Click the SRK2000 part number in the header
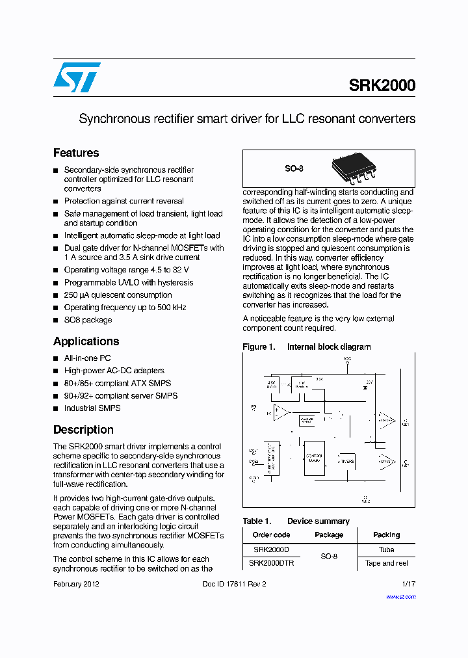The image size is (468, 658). [382, 85]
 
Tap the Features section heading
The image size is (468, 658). [76, 153]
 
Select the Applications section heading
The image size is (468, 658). [86, 341]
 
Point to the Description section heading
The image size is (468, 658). [83, 430]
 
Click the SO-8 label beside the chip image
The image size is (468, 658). [294, 168]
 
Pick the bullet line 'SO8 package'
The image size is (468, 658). [88, 320]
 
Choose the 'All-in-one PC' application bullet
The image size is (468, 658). [87, 358]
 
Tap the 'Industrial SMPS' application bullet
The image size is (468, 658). [92, 408]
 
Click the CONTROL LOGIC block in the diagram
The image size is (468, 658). [315, 458]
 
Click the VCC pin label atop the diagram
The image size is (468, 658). [347, 358]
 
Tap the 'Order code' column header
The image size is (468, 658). [271, 535]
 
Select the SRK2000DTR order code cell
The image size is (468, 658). [271, 563]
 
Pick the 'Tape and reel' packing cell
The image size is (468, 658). [387, 563]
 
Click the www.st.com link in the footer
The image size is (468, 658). [400, 596]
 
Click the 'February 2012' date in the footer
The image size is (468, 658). [76, 584]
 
